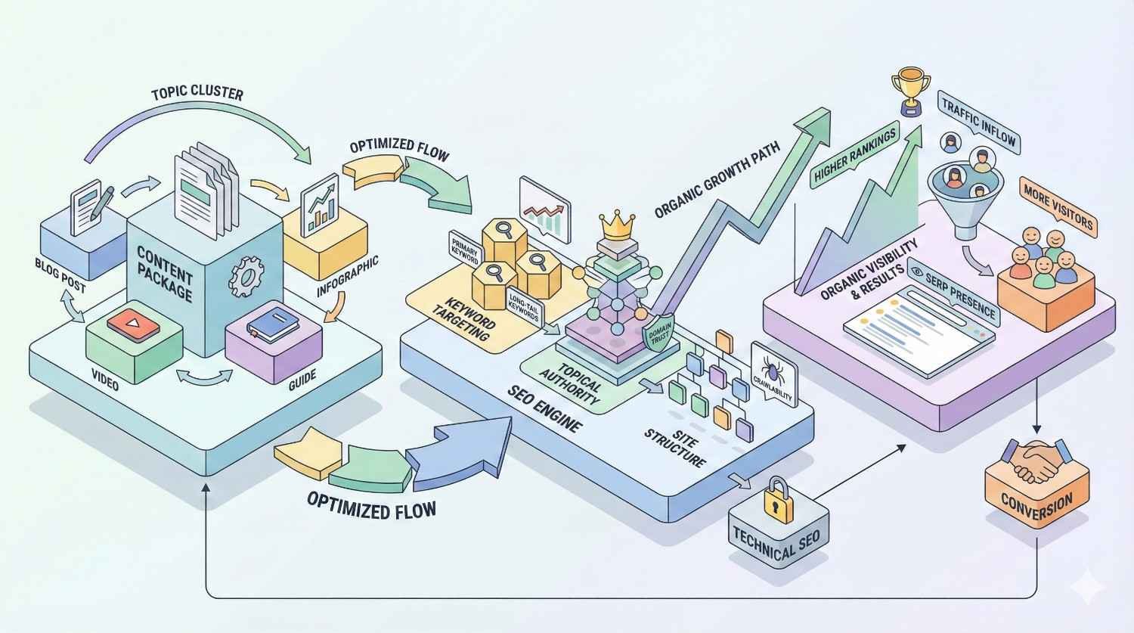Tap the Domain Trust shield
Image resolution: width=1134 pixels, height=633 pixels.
[656, 333]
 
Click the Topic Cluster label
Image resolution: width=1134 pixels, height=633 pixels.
[197, 94]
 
